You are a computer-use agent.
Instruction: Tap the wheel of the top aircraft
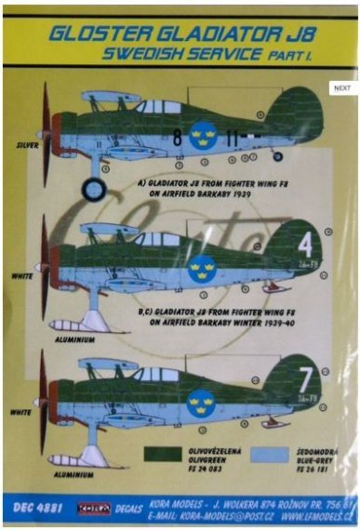(x=94, y=190)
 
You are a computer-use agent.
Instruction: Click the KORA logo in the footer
(x=93, y=510)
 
